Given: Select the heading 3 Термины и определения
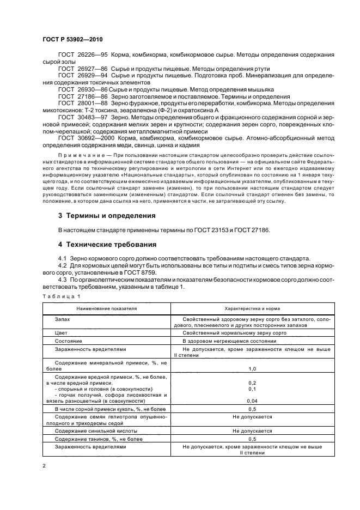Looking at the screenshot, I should coord(107,216).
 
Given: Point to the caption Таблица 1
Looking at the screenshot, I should coord(60,296).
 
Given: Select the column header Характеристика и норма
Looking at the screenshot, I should coord(252,308).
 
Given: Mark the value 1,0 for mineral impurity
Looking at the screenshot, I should coord(252,369).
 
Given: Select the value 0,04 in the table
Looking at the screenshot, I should coord(252,400).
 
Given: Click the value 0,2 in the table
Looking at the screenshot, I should coord(252,383).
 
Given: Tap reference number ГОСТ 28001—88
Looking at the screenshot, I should coord(78,102).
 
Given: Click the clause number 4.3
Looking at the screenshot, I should coord(63,279).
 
